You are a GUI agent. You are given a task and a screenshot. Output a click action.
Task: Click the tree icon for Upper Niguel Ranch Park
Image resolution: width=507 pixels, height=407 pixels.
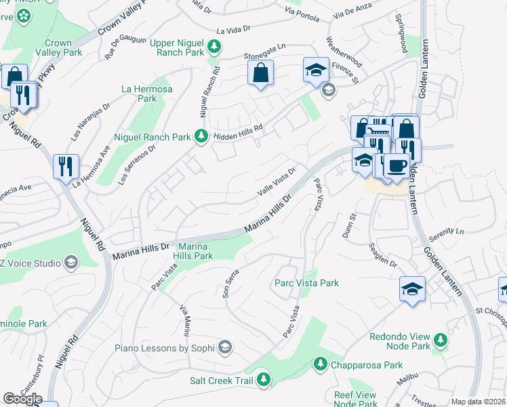pos(214,47)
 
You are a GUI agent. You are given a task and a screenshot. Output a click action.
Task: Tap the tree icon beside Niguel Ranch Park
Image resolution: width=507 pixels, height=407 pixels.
pos(201,137)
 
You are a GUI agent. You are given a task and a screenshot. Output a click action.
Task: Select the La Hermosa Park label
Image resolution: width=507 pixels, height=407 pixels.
pos(147,94)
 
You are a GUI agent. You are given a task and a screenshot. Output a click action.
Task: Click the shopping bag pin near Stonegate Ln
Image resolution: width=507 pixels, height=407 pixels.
pos(260,73)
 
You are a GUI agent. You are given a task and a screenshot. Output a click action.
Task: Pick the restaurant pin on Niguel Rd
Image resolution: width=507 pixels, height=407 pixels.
pos(66,166)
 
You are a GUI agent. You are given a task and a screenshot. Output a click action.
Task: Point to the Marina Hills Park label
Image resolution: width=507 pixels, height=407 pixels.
pos(195,251)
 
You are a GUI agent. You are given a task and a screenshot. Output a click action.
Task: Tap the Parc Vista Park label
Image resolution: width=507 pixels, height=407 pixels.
pos(306,283)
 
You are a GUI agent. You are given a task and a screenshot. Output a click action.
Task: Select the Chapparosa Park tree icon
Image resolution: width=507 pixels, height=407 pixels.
pos(320,365)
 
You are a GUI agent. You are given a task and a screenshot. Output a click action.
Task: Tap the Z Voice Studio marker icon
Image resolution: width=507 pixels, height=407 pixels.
pos(70,263)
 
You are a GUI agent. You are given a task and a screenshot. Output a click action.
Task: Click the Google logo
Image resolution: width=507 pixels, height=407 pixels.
pos(22,399)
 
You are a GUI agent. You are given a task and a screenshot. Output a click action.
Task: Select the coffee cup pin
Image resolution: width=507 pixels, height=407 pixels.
pos(396,166)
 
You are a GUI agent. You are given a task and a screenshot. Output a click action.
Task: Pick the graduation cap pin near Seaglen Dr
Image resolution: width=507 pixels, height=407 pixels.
pos(412,288)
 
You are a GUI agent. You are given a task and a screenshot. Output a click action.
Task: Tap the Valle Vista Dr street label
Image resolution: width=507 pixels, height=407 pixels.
pos(277,182)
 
